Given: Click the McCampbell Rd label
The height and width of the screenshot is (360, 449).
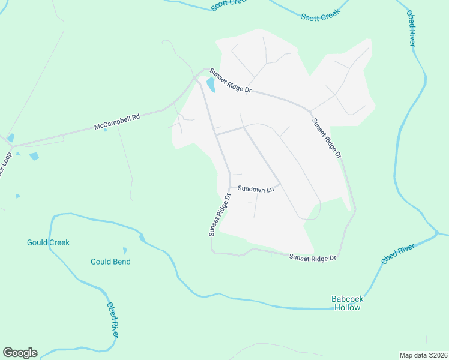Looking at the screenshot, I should click(x=116, y=122).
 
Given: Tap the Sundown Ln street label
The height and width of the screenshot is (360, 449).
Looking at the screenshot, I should click(x=255, y=189).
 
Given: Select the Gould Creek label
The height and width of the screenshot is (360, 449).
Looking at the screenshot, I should click(x=48, y=242).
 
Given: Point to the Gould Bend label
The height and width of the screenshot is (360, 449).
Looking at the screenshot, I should click(x=110, y=262).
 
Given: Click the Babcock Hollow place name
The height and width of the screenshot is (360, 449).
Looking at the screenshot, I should click(x=348, y=303).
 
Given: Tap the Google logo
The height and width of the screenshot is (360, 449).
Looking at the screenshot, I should click(x=20, y=353).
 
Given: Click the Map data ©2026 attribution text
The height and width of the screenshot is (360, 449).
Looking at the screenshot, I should click(x=423, y=355).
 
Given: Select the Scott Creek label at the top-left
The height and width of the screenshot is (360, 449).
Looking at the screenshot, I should click(x=230, y=5).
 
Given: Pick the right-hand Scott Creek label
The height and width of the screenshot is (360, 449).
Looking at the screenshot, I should click(x=320, y=14).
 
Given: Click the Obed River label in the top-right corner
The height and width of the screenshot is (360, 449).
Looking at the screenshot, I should click(x=412, y=28).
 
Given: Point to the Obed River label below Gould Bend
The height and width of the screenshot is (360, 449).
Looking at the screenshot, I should click(x=113, y=319).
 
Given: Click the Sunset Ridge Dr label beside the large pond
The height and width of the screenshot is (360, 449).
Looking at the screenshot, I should click(x=230, y=80).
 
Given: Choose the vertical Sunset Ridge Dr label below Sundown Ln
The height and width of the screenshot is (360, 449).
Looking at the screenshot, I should click(x=220, y=215).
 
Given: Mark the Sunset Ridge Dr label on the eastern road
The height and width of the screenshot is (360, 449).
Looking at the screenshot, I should click(x=326, y=137).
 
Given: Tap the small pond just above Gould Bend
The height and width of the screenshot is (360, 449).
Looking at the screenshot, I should click(x=125, y=250).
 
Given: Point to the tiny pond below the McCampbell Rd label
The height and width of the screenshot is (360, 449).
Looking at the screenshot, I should click(x=105, y=130).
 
